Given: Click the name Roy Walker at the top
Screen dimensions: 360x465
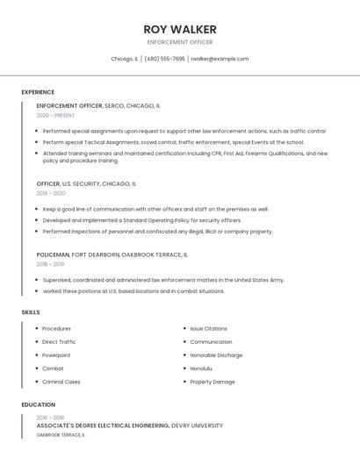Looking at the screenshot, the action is coord(179,29).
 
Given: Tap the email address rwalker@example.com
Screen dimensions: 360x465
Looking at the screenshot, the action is coord(220,59).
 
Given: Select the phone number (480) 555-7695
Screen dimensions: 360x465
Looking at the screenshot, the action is coord(164,59).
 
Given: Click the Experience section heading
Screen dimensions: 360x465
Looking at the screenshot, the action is coord(38,92).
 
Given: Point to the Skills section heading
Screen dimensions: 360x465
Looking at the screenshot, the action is coord(31,311).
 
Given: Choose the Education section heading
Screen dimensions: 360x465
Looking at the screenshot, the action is coord(38,404).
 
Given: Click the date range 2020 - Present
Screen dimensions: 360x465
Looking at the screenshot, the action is coord(55,115).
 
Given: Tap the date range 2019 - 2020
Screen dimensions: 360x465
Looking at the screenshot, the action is coord(51,193).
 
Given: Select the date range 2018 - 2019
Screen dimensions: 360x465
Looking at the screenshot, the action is coord(50,263).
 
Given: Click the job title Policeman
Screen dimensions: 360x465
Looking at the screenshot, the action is coord(53,254).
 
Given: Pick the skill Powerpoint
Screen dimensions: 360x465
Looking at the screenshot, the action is coord(56,355).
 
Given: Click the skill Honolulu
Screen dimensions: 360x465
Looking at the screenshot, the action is coord(203,368).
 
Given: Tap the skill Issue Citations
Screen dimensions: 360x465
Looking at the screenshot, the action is coord(208,328).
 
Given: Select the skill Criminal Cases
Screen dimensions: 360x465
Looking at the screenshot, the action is coord(61,382).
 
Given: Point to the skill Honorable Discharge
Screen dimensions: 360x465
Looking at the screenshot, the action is coord(216,355).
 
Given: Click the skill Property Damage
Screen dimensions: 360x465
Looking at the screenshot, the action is coord(212,382).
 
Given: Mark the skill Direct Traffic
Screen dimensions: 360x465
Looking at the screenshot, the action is coord(59,341).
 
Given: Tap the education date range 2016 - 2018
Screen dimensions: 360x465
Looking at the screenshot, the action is coord(50,418).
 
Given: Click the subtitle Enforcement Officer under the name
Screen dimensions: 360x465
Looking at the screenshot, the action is coord(179,42).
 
